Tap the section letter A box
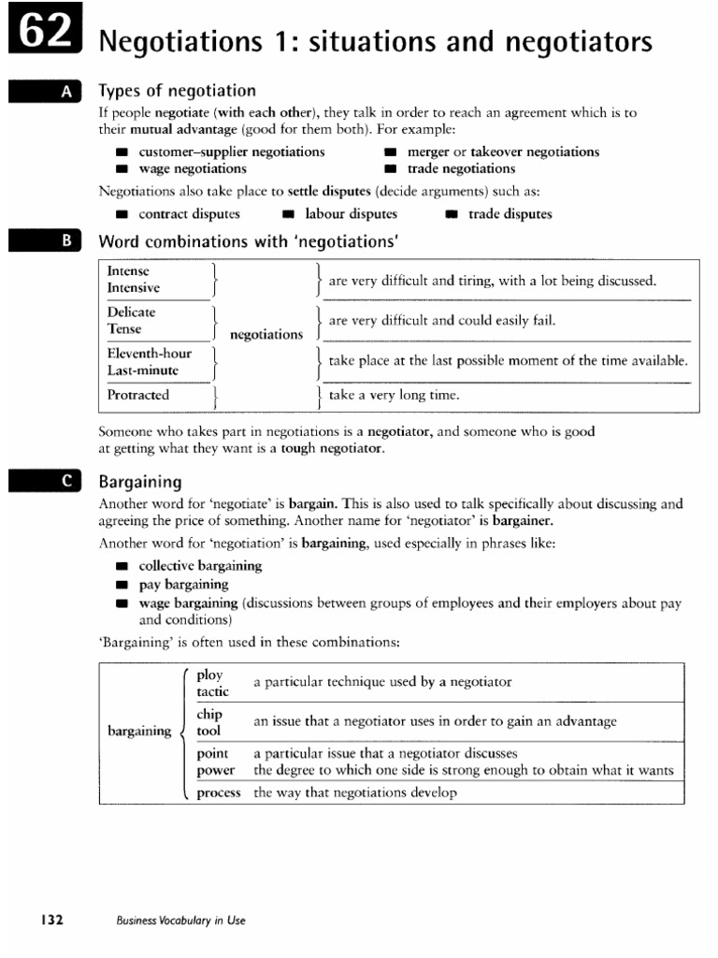point(46,92)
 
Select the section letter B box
point(46,241)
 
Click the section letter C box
point(46,481)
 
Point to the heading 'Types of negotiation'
point(178,91)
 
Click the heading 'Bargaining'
point(140,481)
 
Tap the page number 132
point(50,920)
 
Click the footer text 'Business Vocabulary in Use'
point(181,921)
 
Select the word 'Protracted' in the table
point(138,395)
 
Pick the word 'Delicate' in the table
point(132,312)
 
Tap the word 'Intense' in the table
point(129,271)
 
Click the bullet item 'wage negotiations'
point(193,168)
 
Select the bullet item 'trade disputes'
point(510,213)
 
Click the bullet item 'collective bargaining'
point(200,566)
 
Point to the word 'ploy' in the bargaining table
point(210,675)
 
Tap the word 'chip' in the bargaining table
point(209,715)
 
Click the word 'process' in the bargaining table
point(219,792)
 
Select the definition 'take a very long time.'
point(395,395)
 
